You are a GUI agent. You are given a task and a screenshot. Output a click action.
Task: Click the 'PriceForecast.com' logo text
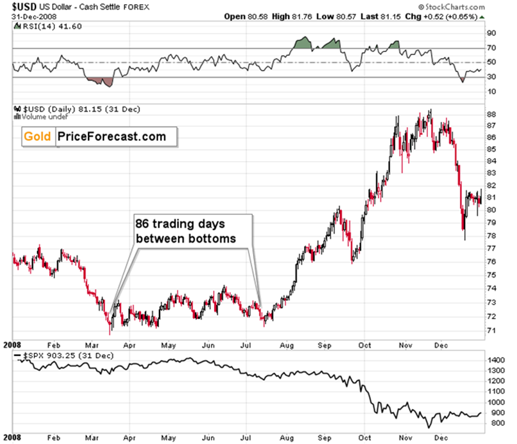(112, 137)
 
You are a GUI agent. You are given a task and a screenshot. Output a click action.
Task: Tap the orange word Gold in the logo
(39, 137)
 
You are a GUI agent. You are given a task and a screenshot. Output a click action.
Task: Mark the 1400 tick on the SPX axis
(495, 359)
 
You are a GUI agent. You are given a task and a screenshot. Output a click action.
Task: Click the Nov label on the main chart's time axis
(405, 343)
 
